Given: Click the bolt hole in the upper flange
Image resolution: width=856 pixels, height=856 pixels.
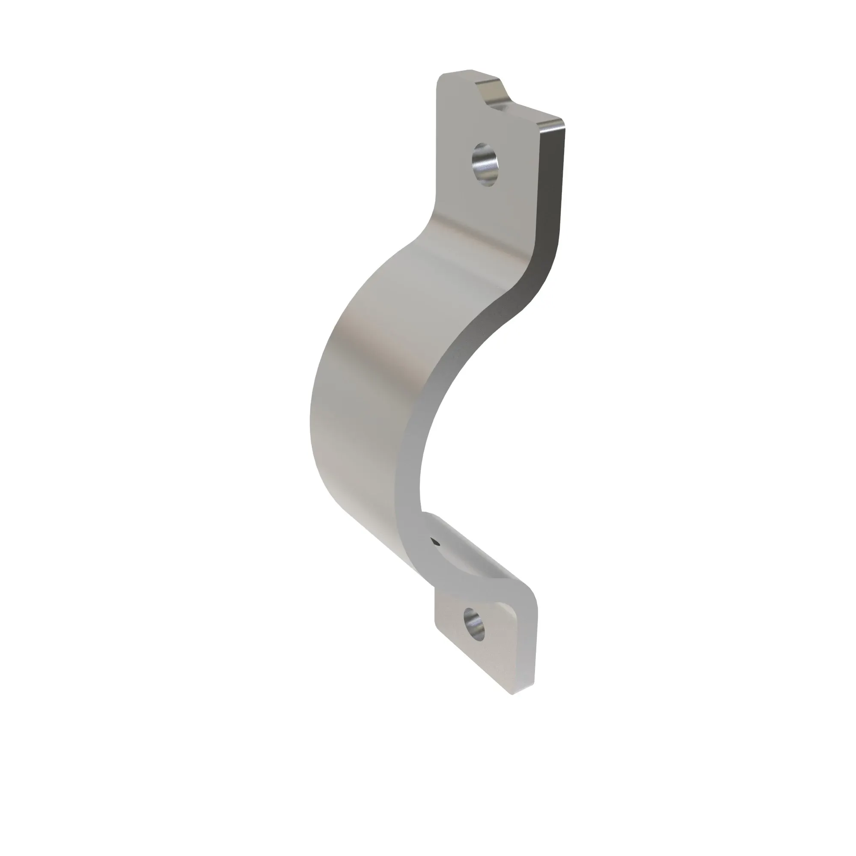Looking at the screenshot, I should tap(486, 164).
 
